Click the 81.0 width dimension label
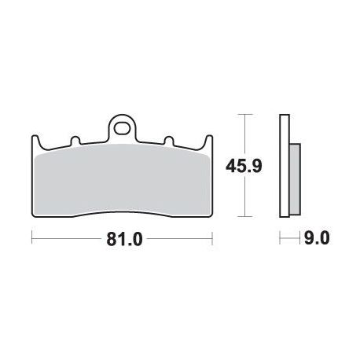click(x=124, y=239)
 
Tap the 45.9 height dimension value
click(x=244, y=166)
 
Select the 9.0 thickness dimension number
click(x=317, y=238)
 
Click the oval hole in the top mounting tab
click(x=122, y=129)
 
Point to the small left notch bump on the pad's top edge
click(x=75, y=140)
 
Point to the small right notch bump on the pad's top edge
click(x=169, y=140)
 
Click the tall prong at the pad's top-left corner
click(x=35, y=141)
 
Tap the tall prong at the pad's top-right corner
click(x=208, y=141)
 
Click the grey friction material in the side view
click(x=295, y=179)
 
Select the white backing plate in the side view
click(x=285, y=166)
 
